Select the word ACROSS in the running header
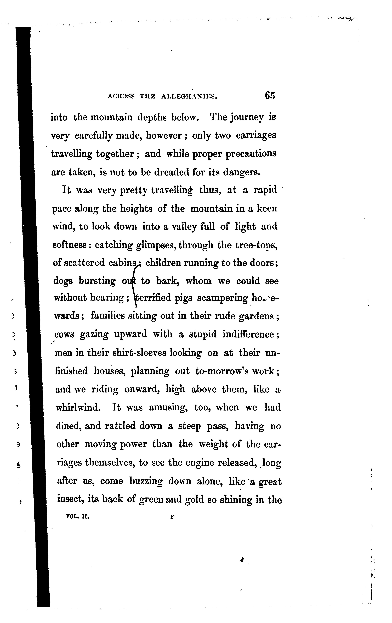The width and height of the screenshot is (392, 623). [x=121, y=96]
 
